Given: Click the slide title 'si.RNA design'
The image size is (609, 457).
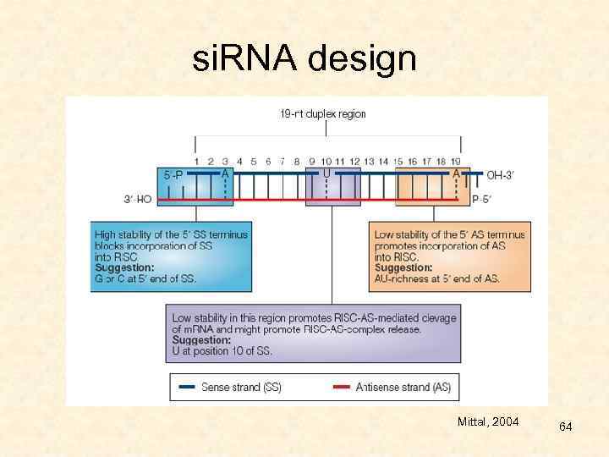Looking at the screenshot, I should tap(304, 59).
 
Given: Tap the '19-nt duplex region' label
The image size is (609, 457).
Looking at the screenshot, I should tap(323, 114).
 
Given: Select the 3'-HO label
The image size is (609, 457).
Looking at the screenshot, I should tap(137, 200).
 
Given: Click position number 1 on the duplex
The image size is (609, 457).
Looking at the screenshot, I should tap(196, 161).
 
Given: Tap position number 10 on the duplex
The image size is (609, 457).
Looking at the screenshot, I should tap(326, 161).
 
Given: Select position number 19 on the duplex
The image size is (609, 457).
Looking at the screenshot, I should tap(455, 161).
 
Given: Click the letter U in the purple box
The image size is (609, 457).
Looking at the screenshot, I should tap(326, 173).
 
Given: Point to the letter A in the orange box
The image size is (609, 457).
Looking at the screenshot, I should tap(456, 173).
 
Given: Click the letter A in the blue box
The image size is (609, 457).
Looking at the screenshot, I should tap(225, 173).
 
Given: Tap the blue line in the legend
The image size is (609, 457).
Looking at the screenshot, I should tap(187, 388).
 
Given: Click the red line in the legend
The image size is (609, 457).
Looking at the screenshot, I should tap(342, 388).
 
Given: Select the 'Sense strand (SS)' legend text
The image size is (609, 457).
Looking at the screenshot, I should tap(241, 388).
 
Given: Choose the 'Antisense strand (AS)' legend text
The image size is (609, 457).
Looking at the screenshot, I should tap(403, 388).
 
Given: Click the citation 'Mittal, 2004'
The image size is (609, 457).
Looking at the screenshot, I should tap(489, 421).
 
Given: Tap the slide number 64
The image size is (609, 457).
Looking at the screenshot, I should tap(566, 427).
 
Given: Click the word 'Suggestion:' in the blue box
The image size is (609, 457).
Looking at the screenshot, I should tap(124, 267).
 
